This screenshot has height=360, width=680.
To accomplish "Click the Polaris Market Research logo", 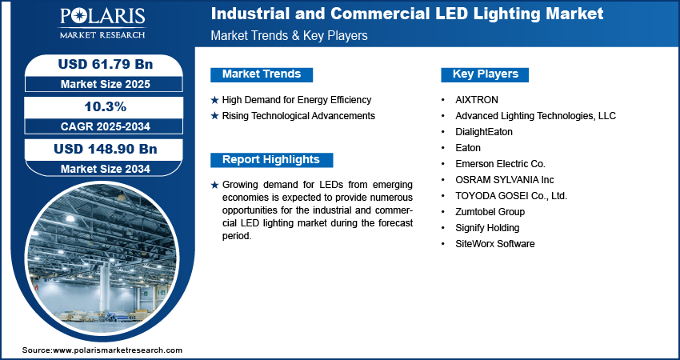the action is [x=102, y=22].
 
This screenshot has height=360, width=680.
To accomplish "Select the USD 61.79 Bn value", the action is [x=106, y=64].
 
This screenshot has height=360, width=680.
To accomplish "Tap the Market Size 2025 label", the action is [x=106, y=84].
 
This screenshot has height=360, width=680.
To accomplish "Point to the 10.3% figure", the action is [x=106, y=106].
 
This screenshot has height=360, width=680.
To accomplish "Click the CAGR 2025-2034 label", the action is [x=106, y=126].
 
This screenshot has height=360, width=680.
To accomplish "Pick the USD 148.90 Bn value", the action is [x=106, y=150].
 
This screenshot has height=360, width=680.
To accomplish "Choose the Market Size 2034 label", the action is [x=106, y=168].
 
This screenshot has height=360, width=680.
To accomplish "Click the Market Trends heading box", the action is [x=262, y=74].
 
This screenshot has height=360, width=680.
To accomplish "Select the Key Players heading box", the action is [x=485, y=74].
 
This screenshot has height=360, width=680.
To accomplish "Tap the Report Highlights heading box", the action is [x=271, y=160].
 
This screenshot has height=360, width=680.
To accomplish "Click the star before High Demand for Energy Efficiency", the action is [x=214, y=101].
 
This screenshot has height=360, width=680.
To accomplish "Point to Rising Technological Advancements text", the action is [x=298, y=116].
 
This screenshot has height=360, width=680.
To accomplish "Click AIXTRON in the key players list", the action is [x=477, y=100].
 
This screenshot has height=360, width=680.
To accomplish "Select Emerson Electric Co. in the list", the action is [x=500, y=164].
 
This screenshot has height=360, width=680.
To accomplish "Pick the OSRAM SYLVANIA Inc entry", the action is [x=504, y=179].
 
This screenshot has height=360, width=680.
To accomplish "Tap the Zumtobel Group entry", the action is [x=490, y=212].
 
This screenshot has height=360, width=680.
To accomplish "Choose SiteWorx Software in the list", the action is [x=495, y=244].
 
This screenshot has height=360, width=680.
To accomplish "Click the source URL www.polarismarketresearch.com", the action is [x=118, y=350].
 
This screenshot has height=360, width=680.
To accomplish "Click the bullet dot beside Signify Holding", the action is [x=442, y=228].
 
